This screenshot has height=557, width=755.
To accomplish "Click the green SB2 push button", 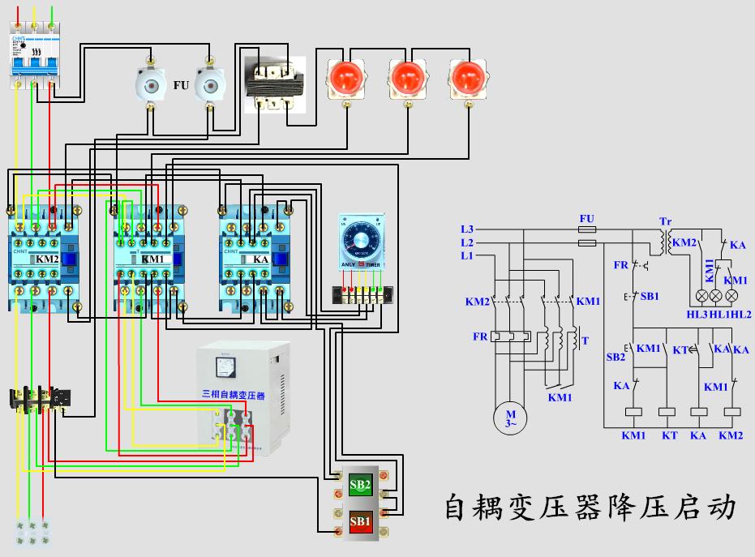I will click(x=360, y=486).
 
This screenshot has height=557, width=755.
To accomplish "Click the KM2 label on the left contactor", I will click(x=48, y=259).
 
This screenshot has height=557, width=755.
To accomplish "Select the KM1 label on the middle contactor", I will click(x=152, y=259).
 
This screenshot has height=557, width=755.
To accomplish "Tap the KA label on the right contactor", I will click(x=261, y=259).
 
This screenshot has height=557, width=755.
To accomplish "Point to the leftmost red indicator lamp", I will click(x=346, y=79).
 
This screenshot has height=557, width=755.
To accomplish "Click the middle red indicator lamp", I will click(x=406, y=79).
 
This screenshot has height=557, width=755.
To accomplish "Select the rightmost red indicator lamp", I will click(x=468, y=79).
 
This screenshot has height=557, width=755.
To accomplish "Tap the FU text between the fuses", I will click(x=181, y=84).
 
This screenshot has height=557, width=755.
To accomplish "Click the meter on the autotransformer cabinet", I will click(x=221, y=368).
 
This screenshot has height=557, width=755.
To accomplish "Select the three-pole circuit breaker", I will click(x=34, y=61).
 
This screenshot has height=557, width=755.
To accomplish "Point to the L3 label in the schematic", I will click(x=466, y=229).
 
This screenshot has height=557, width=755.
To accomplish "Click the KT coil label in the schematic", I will click(x=669, y=435).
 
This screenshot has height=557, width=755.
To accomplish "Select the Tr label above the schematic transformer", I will click(x=665, y=221).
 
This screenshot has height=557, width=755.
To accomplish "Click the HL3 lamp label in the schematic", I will click(x=697, y=314).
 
